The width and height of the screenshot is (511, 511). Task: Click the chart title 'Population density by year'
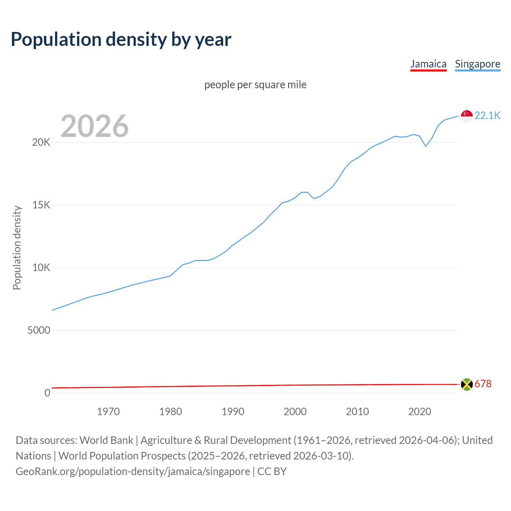tap(121, 40)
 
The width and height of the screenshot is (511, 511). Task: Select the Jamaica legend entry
tap(428, 64)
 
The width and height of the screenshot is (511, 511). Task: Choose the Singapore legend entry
tap(477, 64)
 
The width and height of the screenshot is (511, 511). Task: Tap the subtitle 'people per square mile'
tap(255, 85)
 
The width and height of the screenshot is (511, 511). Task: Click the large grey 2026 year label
tap(95, 126)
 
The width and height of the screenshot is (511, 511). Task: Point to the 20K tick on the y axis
tap(41, 143)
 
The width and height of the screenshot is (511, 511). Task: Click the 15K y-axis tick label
tap(41, 205)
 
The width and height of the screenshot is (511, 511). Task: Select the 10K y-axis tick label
tap(41, 268)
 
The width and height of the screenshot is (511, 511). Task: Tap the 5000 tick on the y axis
tap(39, 331)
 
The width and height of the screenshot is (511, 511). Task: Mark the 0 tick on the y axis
tap(48, 393)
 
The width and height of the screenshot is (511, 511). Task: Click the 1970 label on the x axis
tap(108, 412)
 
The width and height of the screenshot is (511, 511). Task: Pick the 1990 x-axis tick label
tap(233, 412)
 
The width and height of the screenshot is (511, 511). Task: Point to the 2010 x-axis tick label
tap(357, 412)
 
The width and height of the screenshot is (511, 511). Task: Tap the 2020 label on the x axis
tap(420, 412)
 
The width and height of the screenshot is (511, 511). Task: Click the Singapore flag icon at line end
tap(467, 116)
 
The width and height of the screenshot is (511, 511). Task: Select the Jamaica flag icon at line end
tap(467, 384)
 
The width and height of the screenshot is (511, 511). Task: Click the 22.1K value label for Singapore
tap(487, 116)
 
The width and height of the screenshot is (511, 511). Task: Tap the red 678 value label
tap(483, 384)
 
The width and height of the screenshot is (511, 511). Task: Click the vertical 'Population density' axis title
tap(17, 248)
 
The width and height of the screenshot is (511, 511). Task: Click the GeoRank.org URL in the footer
tap(133, 471)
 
